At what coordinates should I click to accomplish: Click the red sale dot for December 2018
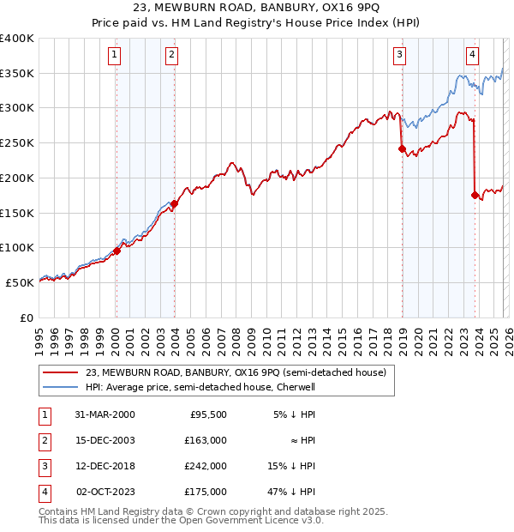tap(402, 148)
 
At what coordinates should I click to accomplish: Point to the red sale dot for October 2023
tap(475, 196)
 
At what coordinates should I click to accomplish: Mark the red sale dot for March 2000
tap(117, 251)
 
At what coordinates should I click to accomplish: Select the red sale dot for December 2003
tap(174, 203)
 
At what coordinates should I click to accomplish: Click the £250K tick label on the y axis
tap(17, 143)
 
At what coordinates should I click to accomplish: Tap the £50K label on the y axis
tap(20, 282)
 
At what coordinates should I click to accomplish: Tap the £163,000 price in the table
tap(206, 440)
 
